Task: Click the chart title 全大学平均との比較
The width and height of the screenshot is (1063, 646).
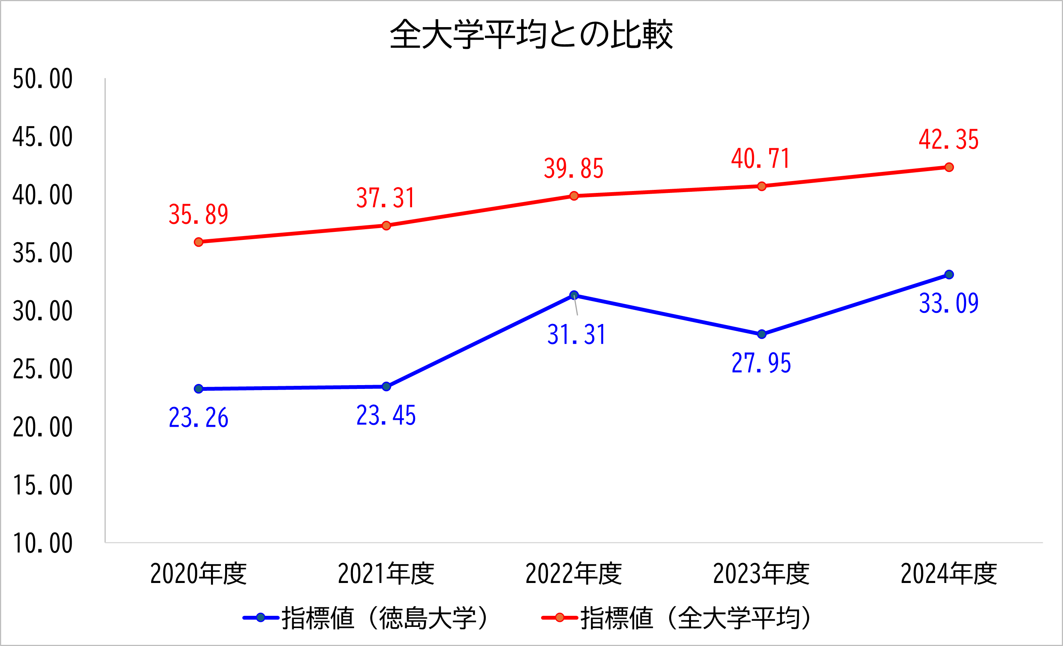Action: (x=531, y=34)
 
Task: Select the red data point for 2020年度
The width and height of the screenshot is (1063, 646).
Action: (x=198, y=242)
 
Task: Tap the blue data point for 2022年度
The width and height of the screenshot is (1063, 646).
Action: (x=574, y=295)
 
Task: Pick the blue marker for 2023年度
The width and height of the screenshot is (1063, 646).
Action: (x=762, y=334)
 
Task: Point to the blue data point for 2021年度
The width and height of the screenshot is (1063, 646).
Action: (x=386, y=387)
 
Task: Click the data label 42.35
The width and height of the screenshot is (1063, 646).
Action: (x=949, y=139)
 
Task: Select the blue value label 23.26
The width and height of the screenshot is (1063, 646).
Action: (x=198, y=418)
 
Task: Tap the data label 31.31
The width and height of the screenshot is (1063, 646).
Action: (x=577, y=334)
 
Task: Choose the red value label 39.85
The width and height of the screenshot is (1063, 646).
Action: (x=573, y=168)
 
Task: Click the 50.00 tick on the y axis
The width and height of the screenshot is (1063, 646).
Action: (x=43, y=79)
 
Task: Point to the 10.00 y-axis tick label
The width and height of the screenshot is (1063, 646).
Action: (x=43, y=543)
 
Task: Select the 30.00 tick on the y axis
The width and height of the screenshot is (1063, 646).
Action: (x=43, y=311)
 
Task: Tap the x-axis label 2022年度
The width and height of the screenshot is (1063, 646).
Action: (x=573, y=574)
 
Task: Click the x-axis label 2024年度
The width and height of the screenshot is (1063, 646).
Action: (x=949, y=574)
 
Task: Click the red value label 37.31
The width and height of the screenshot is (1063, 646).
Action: (x=386, y=198)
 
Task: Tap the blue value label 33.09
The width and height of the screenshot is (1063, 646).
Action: (x=949, y=303)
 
